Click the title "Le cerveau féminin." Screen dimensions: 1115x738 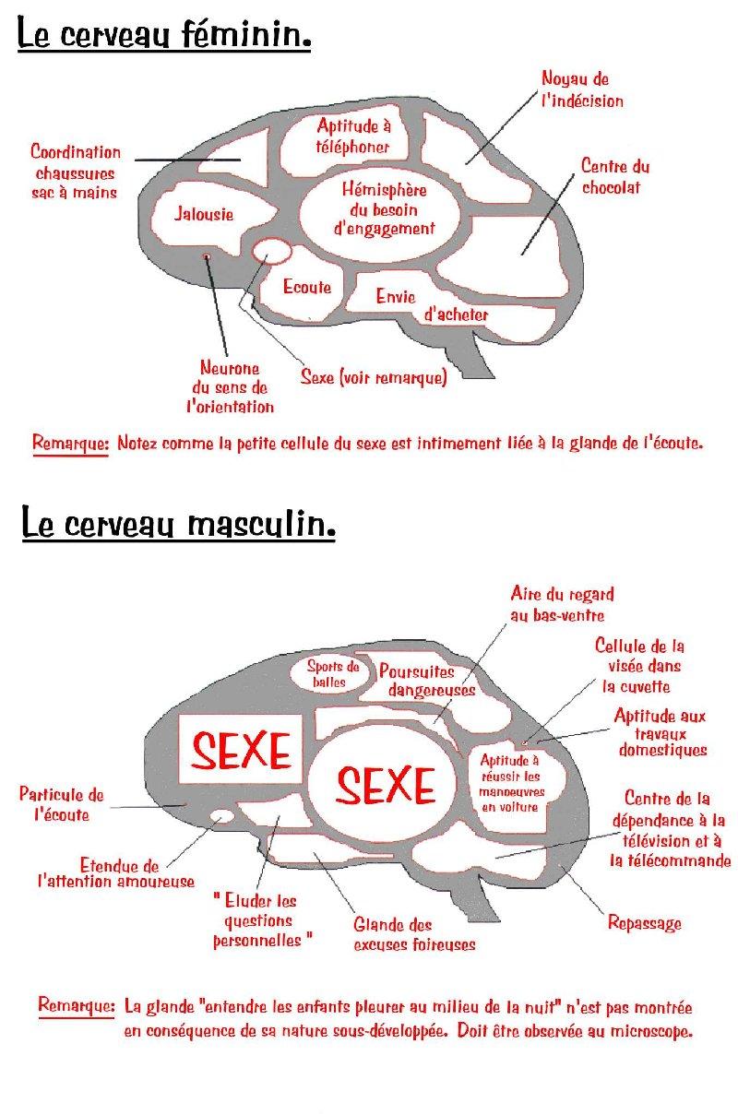pyautogui.click(x=164, y=36)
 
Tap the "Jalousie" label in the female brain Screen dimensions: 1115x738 pyautogui.click(x=204, y=214)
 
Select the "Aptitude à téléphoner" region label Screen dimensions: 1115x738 pyautogui.click(x=353, y=136)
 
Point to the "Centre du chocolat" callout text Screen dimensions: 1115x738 pyautogui.click(x=614, y=176)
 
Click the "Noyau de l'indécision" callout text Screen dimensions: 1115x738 pyautogui.click(x=581, y=90)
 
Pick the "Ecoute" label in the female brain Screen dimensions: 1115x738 pyautogui.click(x=307, y=287)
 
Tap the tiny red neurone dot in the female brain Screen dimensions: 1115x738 pyautogui.click(x=206, y=255)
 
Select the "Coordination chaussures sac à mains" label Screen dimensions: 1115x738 pyautogui.click(x=76, y=172)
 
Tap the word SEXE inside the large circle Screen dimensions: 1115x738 pyautogui.click(x=385, y=785)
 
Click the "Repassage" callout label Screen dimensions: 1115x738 pyautogui.click(x=644, y=922)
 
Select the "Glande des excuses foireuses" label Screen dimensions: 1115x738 pyautogui.click(x=414, y=934)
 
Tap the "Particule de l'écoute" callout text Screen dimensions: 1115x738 pyautogui.click(x=61, y=804)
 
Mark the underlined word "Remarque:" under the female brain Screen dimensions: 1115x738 pyautogui.click(x=71, y=442)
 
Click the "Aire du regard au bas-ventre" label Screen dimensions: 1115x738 pyautogui.click(x=562, y=604)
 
